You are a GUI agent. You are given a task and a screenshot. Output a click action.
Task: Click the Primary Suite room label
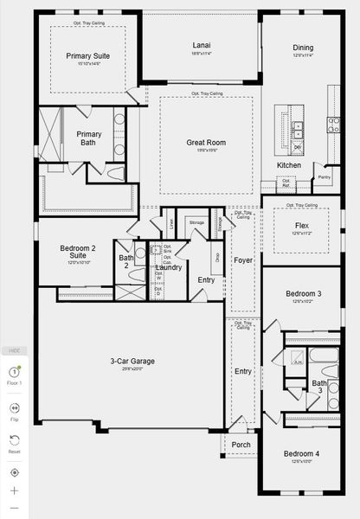[87, 55]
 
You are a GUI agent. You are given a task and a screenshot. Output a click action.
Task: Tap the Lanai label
[201, 45]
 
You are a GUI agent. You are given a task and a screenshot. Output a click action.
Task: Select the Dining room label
[303, 48]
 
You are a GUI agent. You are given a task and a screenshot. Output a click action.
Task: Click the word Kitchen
[289, 164]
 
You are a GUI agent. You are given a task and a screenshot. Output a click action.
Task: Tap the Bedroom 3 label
[303, 294]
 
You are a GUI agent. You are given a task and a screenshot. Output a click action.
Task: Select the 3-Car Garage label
[132, 361]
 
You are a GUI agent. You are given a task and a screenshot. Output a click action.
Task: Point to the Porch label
[241, 445]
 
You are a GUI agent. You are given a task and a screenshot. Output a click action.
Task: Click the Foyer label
[242, 259]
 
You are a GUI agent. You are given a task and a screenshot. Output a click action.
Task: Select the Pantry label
[324, 177]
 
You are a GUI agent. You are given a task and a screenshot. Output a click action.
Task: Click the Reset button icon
[14, 440]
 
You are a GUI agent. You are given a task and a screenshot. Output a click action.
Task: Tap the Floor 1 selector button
[14, 374]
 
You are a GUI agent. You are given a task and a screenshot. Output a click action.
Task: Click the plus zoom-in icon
[14, 490]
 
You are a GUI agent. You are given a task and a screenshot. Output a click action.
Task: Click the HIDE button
[14, 350]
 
